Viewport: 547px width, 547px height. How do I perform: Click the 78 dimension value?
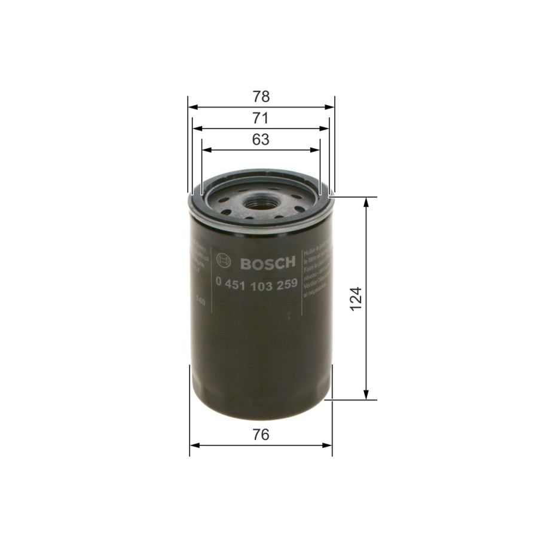click(261, 97)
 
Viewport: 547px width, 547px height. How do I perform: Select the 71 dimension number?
click(261, 118)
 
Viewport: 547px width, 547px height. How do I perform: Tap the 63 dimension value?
click(261, 140)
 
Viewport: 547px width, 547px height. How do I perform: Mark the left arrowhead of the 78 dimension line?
click(192, 108)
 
